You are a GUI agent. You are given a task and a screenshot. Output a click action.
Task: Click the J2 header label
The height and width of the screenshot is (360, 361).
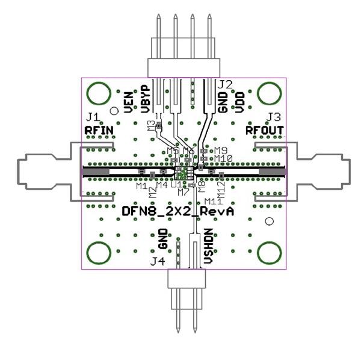tap(225, 84)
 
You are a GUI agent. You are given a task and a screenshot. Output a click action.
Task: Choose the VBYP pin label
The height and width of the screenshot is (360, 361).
tap(145, 99)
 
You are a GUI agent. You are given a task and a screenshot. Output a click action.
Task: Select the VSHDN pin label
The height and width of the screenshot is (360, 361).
tap(208, 246)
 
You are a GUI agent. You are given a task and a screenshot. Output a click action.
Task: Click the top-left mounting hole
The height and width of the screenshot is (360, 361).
tap(97, 93)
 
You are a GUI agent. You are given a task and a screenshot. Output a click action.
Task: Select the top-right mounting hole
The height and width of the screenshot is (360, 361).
tap(269, 93)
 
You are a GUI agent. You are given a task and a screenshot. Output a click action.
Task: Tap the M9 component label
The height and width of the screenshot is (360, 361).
tap(220, 150)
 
